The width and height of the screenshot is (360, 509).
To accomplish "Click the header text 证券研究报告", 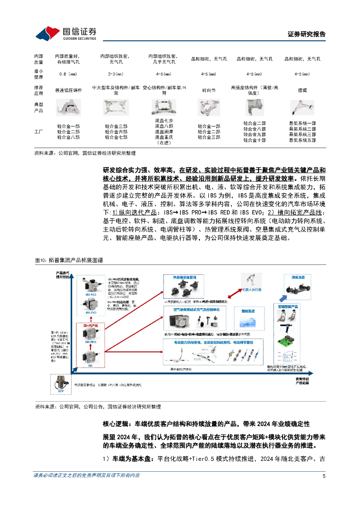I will coord(307,34).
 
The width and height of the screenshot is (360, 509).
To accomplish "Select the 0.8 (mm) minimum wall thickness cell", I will coord(67,74).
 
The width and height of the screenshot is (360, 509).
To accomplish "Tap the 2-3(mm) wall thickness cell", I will coord(116,74).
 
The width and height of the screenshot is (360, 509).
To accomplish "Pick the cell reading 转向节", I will coord(208,90).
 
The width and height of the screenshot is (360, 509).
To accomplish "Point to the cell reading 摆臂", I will coord(302,90).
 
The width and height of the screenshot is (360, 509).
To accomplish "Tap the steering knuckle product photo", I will coord(208,107).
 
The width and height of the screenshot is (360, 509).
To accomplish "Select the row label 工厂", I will coord(39,132).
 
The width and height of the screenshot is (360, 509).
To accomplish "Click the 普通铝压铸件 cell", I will coord(67,90).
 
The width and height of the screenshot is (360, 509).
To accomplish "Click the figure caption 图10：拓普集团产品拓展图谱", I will coord(69,260).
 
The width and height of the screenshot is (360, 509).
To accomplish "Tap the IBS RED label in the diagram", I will coord(90,294).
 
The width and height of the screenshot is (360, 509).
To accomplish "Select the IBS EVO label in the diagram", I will coord(90,313).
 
